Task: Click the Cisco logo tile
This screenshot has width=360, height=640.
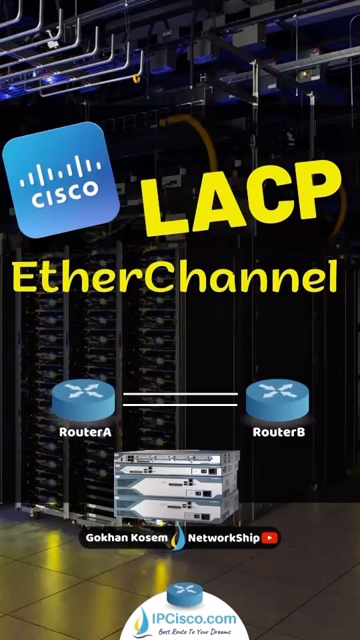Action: click(x=61, y=179)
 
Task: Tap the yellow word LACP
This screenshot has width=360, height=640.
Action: click(x=241, y=197)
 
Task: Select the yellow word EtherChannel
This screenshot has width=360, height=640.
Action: click(x=175, y=276)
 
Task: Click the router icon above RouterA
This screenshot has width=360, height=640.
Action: click(x=83, y=399)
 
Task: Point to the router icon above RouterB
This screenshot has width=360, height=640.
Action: click(x=277, y=399)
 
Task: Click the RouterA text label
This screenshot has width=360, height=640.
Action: click(x=85, y=432)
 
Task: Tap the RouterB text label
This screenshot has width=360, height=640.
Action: click(x=279, y=432)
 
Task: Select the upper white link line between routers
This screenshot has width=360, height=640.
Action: click(x=181, y=394)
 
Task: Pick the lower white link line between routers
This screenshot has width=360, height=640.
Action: click(x=181, y=405)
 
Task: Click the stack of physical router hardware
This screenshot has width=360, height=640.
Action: click(x=177, y=487)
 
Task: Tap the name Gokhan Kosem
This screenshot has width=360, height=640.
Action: click(x=127, y=538)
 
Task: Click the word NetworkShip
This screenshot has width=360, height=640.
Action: click(x=224, y=539)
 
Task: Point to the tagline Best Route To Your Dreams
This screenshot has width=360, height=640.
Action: click(x=195, y=632)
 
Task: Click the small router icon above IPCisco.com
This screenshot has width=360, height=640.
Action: click(x=185, y=594)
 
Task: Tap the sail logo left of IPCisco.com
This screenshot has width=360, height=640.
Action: click(x=143, y=622)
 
